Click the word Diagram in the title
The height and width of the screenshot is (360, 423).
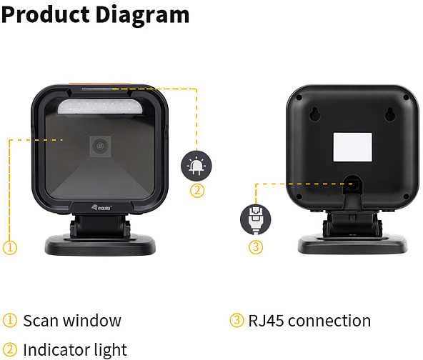pyautogui.click(x=142, y=16)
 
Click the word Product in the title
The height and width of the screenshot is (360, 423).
pyautogui.click(x=45, y=14)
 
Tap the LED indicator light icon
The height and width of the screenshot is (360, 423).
pyautogui.click(x=196, y=165)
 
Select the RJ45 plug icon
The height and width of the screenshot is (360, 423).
pyautogui.click(x=255, y=219)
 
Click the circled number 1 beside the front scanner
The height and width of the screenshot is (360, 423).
pyautogui.click(x=10, y=247)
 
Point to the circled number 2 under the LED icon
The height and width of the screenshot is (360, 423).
pyautogui.click(x=197, y=191)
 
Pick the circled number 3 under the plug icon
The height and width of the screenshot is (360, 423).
pyautogui.click(x=255, y=246)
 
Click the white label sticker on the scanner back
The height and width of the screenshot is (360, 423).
pyautogui.click(x=352, y=147)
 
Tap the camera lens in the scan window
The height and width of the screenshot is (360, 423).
pyautogui.click(x=100, y=146)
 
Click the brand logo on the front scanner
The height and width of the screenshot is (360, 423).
pyautogui.click(x=101, y=207)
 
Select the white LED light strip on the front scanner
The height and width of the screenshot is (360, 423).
pyautogui.click(x=100, y=107)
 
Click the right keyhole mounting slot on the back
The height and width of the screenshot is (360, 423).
pyautogui.click(x=389, y=114)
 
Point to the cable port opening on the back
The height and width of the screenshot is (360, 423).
pyautogui.click(x=352, y=184)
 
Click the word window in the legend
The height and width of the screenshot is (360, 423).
pyautogui.click(x=92, y=321)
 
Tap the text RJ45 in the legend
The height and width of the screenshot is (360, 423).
pyautogui.click(x=266, y=321)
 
